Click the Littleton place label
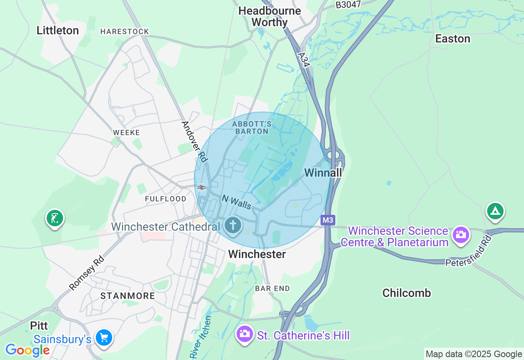pyautogui.click(x=58, y=30)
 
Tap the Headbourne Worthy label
pyautogui.click(x=269, y=16)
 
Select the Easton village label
pyautogui.click(x=452, y=38)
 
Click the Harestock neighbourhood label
pyautogui.click(x=124, y=32)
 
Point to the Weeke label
pyautogui.click(x=126, y=133)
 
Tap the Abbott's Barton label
pyautogui.click(x=251, y=127)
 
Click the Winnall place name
pyautogui.click(x=323, y=173)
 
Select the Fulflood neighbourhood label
pyautogui.click(x=165, y=199)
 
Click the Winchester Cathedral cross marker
pyautogui.click(x=233, y=225)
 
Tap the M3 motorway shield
pyautogui.click(x=327, y=220)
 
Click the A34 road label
pyautogui.click(x=304, y=60)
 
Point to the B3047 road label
pyautogui.click(x=348, y=4)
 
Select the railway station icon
pyautogui.click(x=201, y=187)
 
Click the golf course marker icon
pyautogui.click(x=54, y=218)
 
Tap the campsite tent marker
pyautogui.click(x=495, y=211)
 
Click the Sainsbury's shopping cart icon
pyautogui.click(x=104, y=338)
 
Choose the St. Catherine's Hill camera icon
pyautogui.click(x=245, y=334)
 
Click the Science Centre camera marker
pyautogui.click(x=461, y=234)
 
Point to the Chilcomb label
pyautogui.click(x=407, y=293)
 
